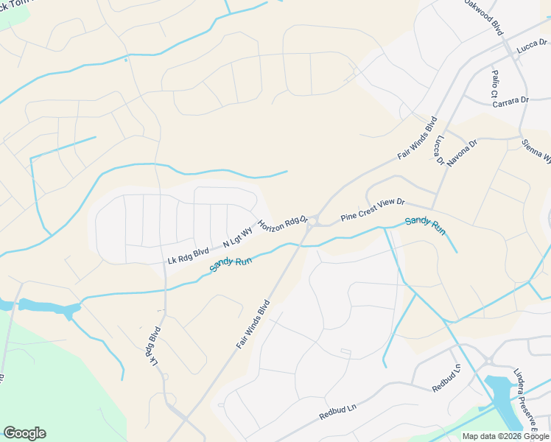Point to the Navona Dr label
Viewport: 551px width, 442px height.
462,152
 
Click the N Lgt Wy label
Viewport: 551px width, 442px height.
236,238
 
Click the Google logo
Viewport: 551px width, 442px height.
24,433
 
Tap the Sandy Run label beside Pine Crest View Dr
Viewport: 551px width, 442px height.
425,225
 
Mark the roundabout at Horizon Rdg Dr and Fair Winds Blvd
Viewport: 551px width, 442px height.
313,220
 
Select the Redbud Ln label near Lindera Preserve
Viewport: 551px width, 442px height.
446,378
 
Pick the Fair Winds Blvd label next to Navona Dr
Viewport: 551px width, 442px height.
418,138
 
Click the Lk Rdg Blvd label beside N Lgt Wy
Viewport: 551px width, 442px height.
189,256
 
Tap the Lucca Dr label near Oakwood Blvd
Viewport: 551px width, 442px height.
532,46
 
